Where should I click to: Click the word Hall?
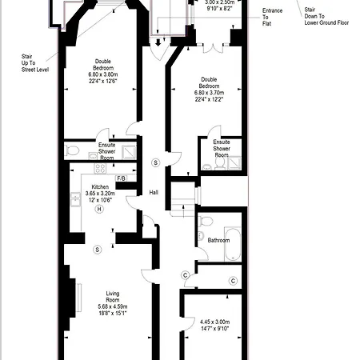pyautogui.click(x=154, y=192)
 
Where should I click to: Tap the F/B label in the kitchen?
pyautogui.click(x=122, y=178)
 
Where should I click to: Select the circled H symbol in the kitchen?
pyautogui.click(x=99, y=209)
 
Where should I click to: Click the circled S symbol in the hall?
pyautogui.click(x=156, y=162)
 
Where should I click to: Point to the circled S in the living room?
pyautogui.click(x=98, y=250)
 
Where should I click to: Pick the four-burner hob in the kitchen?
pyautogui.click(x=100, y=168)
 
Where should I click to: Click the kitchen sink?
pyautogui.click(x=75, y=199)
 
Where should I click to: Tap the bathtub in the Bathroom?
pyautogui.click(x=233, y=244)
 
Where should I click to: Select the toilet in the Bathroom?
pyautogui.click(x=206, y=221)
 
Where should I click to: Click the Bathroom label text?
pyautogui.click(x=218, y=240)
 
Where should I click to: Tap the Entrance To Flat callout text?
pyautogui.click(x=272, y=17)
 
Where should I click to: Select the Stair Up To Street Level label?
pyautogui.click(x=35, y=63)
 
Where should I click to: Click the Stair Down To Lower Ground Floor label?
pyautogui.click(x=326, y=16)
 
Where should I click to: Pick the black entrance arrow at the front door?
pyautogui.click(x=158, y=42)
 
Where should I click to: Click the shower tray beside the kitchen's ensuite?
pyautogui.click(x=129, y=152)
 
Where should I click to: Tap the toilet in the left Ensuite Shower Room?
pyautogui.click(x=72, y=150)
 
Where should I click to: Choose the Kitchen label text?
pyautogui.click(x=100, y=186)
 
